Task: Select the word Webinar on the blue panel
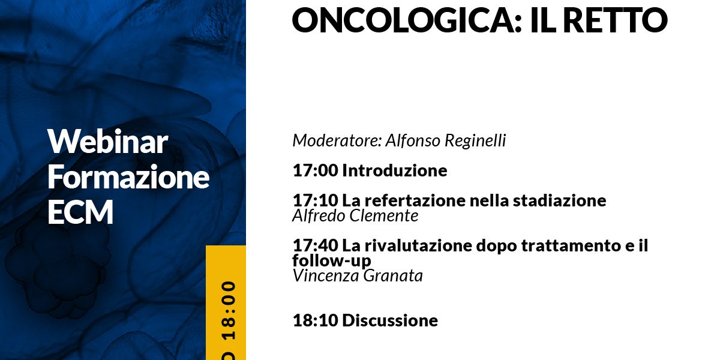click(107, 142)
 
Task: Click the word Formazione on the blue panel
click(128, 176)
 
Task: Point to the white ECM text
click(80, 211)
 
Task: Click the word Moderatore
click(337, 140)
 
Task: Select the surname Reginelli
click(475, 141)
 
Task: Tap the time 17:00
click(316, 170)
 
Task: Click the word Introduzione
click(395, 170)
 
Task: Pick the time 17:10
click(316, 200)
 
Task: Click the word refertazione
click(415, 200)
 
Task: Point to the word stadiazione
click(560, 200)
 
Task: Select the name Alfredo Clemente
click(355, 215)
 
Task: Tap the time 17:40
click(316, 246)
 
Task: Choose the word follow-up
click(332, 261)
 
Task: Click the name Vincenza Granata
click(358, 276)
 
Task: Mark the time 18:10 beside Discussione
click(316, 321)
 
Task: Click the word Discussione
click(390, 321)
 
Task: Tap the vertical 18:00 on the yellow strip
click(229, 311)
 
